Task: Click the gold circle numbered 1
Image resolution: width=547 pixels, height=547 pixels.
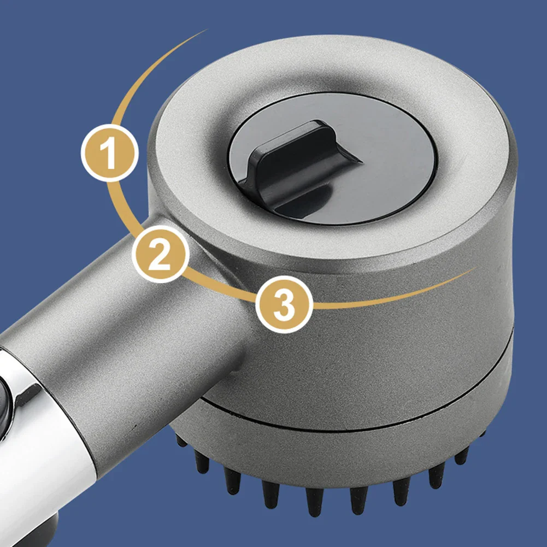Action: pyautogui.click(x=110, y=153)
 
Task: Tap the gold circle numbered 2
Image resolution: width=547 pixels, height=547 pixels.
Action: pyautogui.click(x=161, y=254)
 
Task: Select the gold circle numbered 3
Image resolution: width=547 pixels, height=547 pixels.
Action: pyautogui.click(x=284, y=304)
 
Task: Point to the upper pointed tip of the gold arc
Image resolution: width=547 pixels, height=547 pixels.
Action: pyautogui.click(x=206, y=31)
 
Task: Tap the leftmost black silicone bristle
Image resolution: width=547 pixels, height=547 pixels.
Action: pyautogui.click(x=180, y=440)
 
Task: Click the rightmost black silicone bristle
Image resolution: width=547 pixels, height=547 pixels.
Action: pyautogui.click(x=483, y=434)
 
